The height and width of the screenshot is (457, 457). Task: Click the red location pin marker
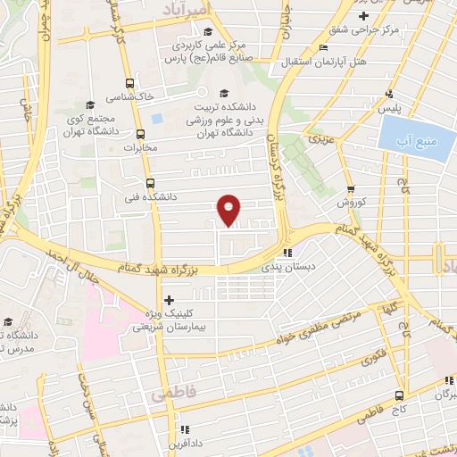[230, 209]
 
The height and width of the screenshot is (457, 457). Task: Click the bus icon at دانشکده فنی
[149, 182]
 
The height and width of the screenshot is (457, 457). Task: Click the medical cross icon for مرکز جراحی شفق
[363, 17]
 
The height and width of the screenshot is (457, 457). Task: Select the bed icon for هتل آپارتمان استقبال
[323, 48]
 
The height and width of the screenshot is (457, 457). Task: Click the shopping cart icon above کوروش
[350, 189]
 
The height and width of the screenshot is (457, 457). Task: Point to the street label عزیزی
[320, 140]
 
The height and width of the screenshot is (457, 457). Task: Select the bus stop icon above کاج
[399, 395]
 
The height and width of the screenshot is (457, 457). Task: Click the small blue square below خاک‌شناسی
[157, 117]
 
